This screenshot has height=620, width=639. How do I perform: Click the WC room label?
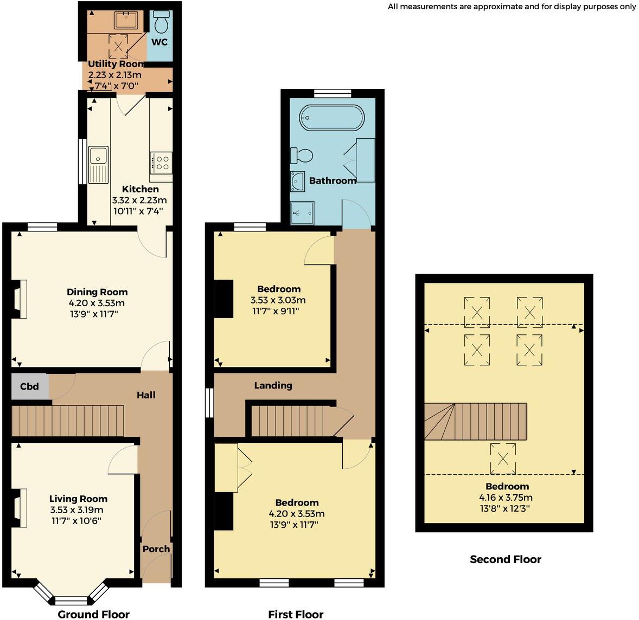[x=159, y=42]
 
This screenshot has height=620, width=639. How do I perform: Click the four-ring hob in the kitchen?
[x=161, y=161]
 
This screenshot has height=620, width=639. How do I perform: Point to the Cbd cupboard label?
[x=29, y=386]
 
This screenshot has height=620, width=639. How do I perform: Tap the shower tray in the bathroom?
[x=302, y=212]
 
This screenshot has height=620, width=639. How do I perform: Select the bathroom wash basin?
[x=297, y=181]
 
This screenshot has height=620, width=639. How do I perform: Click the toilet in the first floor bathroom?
[x=302, y=156]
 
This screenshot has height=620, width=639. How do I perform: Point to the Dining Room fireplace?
[x=20, y=299]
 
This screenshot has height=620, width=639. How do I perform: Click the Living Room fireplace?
[x=20, y=508]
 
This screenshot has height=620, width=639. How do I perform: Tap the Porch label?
[x=156, y=549]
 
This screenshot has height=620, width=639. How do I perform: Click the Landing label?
[x=273, y=385]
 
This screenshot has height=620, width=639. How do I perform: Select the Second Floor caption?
[x=506, y=559]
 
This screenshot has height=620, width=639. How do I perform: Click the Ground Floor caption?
[x=94, y=614]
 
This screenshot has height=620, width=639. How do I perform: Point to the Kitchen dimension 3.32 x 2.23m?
[x=140, y=200]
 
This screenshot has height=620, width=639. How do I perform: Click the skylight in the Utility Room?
[x=119, y=47]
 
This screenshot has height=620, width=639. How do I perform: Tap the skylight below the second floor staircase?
[x=503, y=458]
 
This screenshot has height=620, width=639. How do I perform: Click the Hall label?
[x=146, y=395]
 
